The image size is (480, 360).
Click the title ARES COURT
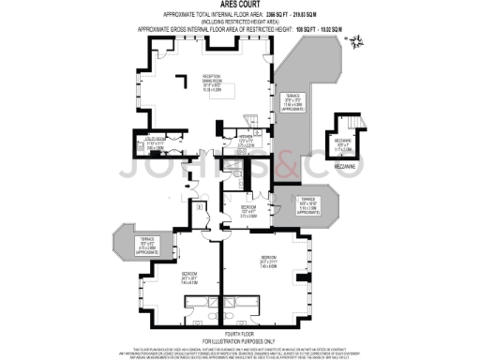pos(240,5)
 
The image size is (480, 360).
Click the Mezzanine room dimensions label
pos(344,146)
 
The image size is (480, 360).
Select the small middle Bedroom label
pos(247,210)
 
